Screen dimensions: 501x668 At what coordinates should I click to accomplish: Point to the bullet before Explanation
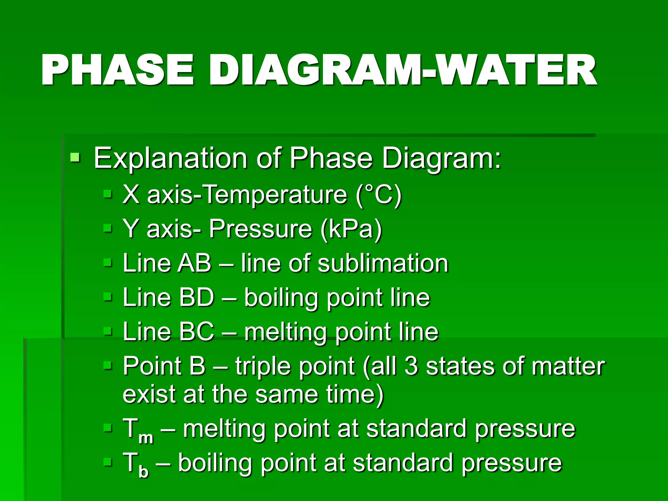(x=75, y=158)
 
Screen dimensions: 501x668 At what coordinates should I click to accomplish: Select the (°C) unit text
(x=379, y=195)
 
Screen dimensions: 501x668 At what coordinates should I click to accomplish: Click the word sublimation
(x=383, y=263)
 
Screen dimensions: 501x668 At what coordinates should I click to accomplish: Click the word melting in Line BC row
(x=285, y=332)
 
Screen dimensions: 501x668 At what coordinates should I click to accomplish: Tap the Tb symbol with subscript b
(x=135, y=464)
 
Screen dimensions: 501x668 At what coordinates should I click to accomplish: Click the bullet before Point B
(x=107, y=366)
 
